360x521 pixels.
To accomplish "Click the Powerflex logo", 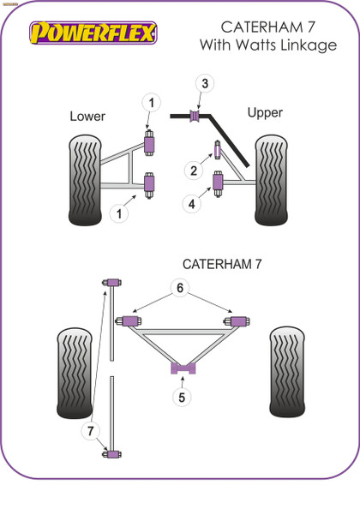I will click(x=93, y=33).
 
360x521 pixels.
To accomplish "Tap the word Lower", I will click(x=87, y=116).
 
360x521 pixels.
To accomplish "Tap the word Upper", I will click(x=265, y=112).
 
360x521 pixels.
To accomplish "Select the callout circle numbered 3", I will click(x=204, y=83).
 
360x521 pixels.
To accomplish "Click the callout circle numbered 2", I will click(x=194, y=171).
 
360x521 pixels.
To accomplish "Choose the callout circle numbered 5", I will click(x=181, y=397).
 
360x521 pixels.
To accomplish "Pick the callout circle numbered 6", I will click(x=181, y=288).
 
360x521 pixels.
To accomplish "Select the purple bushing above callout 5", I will click(x=182, y=368).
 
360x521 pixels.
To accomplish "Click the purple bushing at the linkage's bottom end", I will click(x=111, y=453).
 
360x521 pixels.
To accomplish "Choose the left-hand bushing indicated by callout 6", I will click(x=131, y=320).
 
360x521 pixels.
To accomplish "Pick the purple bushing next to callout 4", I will click(x=219, y=183).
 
